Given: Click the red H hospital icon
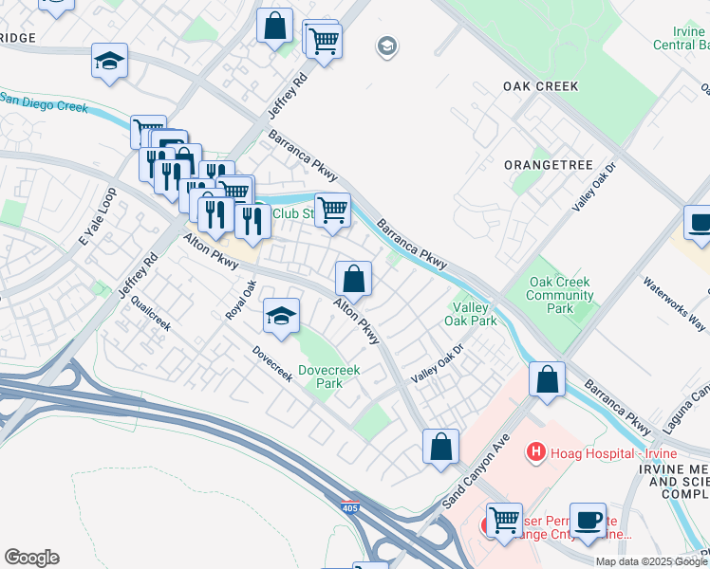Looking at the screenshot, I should (x=536, y=453).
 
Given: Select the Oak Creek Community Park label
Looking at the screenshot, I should (x=561, y=295).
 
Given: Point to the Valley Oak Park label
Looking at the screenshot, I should (x=470, y=314).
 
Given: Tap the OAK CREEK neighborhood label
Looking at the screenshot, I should (x=540, y=86).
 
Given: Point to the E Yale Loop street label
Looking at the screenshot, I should (x=97, y=225).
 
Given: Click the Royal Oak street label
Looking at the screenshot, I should (x=241, y=299).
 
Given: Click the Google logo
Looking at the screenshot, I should (x=31, y=558).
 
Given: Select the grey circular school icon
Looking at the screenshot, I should (x=386, y=46).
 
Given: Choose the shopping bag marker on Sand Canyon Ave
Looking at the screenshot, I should (x=440, y=447).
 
